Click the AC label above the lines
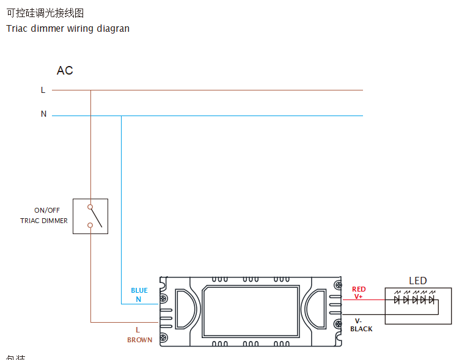click(x=65, y=71)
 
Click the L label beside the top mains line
click(x=43, y=90)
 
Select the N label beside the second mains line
click(x=43, y=114)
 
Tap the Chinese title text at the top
click(x=45, y=13)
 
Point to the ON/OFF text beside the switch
click(x=47, y=210)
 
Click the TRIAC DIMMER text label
click(x=44, y=221)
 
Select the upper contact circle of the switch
click(x=90, y=207)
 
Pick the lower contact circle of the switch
click(x=90, y=225)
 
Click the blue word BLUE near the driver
click(x=139, y=290)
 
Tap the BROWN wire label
click(x=140, y=340)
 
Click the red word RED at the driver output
click(x=359, y=289)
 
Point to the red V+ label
click(x=359, y=296)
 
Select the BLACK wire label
click(x=361, y=329)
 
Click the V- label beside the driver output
click(x=359, y=321)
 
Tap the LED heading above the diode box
click(x=418, y=281)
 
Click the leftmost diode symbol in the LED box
click(x=397, y=299)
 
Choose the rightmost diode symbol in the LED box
click(x=431, y=299)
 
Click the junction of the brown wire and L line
click(x=90, y=90)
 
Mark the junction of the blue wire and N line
click(x=121, y=116)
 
